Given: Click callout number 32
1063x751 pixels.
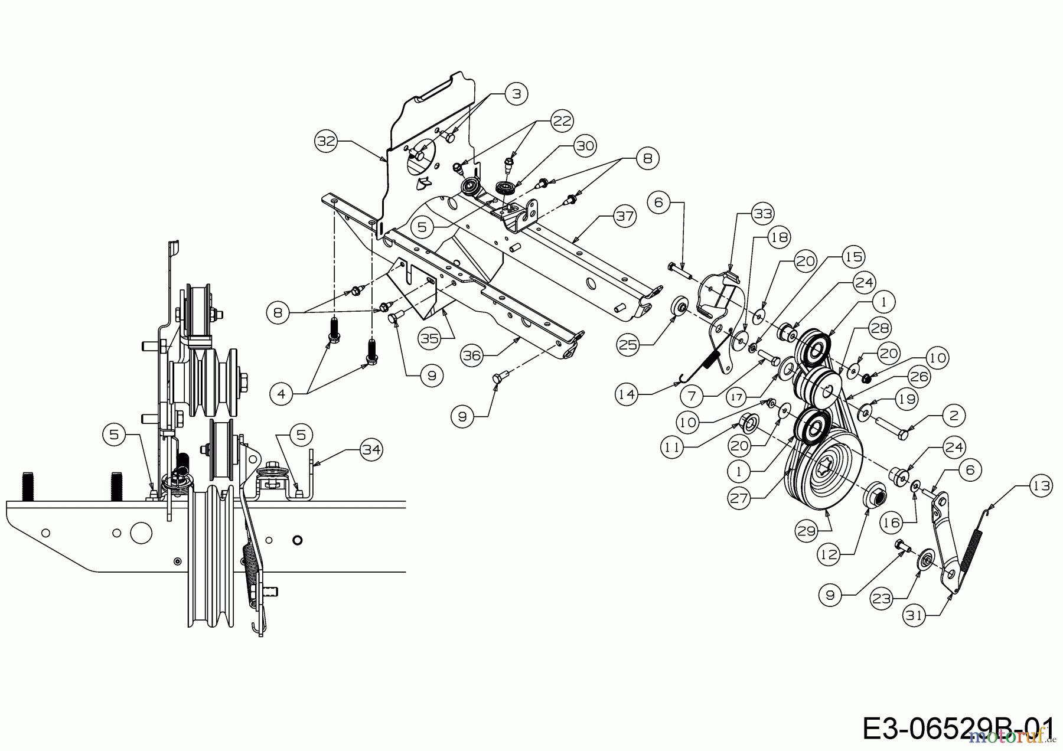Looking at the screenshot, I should tap(326, 141).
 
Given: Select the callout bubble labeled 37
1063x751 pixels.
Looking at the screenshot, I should tap(624, 216).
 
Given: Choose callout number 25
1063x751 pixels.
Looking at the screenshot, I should tap(628, 344).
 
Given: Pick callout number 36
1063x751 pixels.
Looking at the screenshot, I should tap(473, 355).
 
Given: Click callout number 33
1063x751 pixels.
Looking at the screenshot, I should tap(763, 214).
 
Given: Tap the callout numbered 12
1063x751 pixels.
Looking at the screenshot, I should tap(829, 555).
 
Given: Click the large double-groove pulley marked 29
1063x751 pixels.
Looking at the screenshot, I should tap(827, 472).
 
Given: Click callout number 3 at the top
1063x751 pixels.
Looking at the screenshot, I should tap(516, 94).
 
